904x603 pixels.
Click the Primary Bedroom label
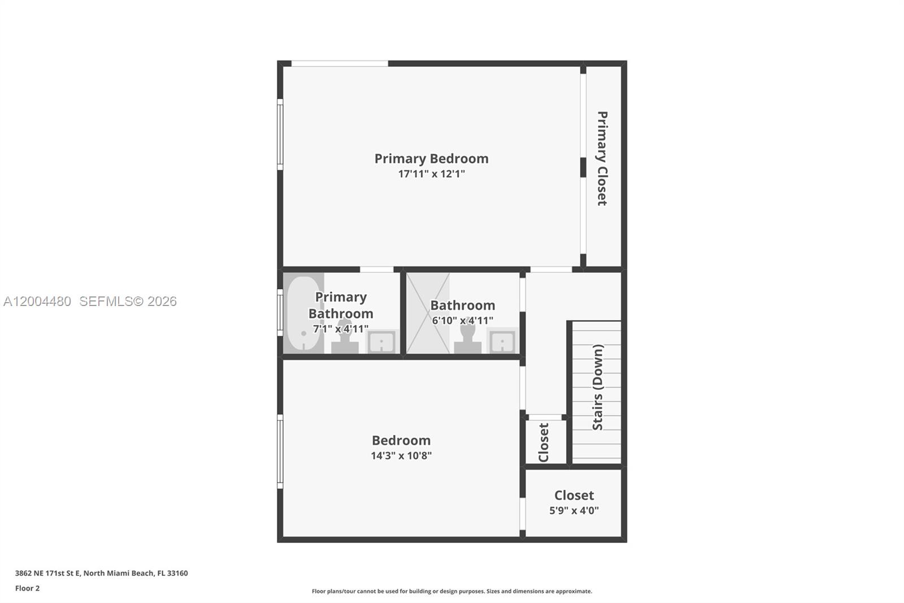(431, 158)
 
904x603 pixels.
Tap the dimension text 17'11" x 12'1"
(431, 174)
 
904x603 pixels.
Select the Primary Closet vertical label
(602, 158)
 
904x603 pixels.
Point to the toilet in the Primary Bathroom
(345, 338)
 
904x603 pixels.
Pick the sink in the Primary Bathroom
(382, 342)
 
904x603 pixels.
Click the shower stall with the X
(428, 313)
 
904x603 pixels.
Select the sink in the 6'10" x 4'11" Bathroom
(502, 342)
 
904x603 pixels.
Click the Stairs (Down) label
(598, 387)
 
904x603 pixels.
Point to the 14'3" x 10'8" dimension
(401, 456)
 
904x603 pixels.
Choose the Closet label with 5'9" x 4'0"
(574, 496)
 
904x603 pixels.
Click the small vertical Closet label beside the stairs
(544, 442)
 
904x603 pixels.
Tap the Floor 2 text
(27, 588)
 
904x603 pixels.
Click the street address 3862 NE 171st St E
(101, 573)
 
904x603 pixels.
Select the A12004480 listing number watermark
(37, 301)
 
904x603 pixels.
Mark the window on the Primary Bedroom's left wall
(280, 135)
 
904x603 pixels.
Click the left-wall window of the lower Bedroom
(280, 451)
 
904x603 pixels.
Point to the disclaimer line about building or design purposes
(451, 591)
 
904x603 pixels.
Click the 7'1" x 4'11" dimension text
(341, 329)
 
